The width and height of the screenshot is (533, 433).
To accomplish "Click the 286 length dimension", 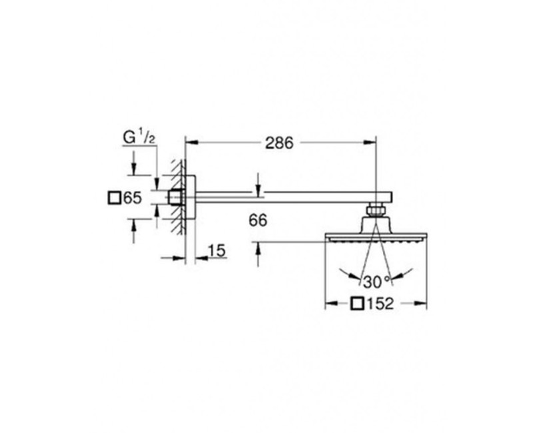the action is coord(279,143).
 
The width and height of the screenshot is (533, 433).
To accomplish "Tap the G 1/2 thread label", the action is coord(139,137).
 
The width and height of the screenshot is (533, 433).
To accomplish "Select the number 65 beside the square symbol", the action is coord(132,198).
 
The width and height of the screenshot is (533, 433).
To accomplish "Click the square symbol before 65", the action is coord(114,198).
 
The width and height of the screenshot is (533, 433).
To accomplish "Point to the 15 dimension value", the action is coord(217,251).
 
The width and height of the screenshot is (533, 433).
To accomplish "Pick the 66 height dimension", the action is coord(258,220).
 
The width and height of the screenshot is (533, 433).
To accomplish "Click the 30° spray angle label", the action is coord(377,282).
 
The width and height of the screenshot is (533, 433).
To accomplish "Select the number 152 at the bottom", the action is coord(380,304).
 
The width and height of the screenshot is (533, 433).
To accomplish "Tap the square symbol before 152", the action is coord(358,304).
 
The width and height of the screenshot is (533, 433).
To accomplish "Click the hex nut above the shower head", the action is coord(376,209).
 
